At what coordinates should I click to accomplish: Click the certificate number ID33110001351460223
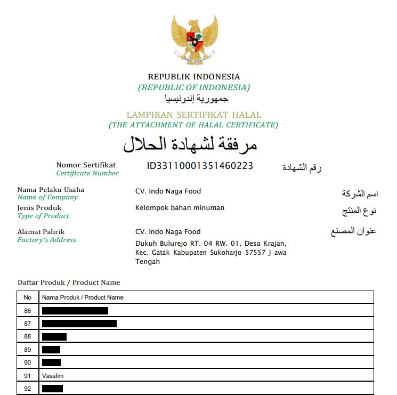click(200, 166)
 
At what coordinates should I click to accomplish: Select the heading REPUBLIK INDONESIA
click(194, 77)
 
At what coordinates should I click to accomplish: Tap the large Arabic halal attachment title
click(190, 144)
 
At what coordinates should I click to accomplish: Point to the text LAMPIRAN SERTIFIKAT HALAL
click(194, 115)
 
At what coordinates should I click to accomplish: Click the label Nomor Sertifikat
click(86, 165)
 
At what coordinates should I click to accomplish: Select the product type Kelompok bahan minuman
click(180, 208)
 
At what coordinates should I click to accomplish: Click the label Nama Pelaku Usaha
click(51, 190)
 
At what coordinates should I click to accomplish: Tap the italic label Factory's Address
click(47, 240)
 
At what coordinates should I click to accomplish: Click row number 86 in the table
click(28, 311)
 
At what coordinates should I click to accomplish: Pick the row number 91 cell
click(28, 376)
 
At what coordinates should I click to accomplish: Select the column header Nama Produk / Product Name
click(83, 297)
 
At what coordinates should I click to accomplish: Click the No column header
click(28, 297)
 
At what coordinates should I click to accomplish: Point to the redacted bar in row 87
click(79, 324)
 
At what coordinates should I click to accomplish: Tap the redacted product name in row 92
click(52, 389)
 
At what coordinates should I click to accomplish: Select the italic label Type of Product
click(44, 216)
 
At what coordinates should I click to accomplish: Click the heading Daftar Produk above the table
click(69, 283)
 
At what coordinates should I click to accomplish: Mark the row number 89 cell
click(28, 350)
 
